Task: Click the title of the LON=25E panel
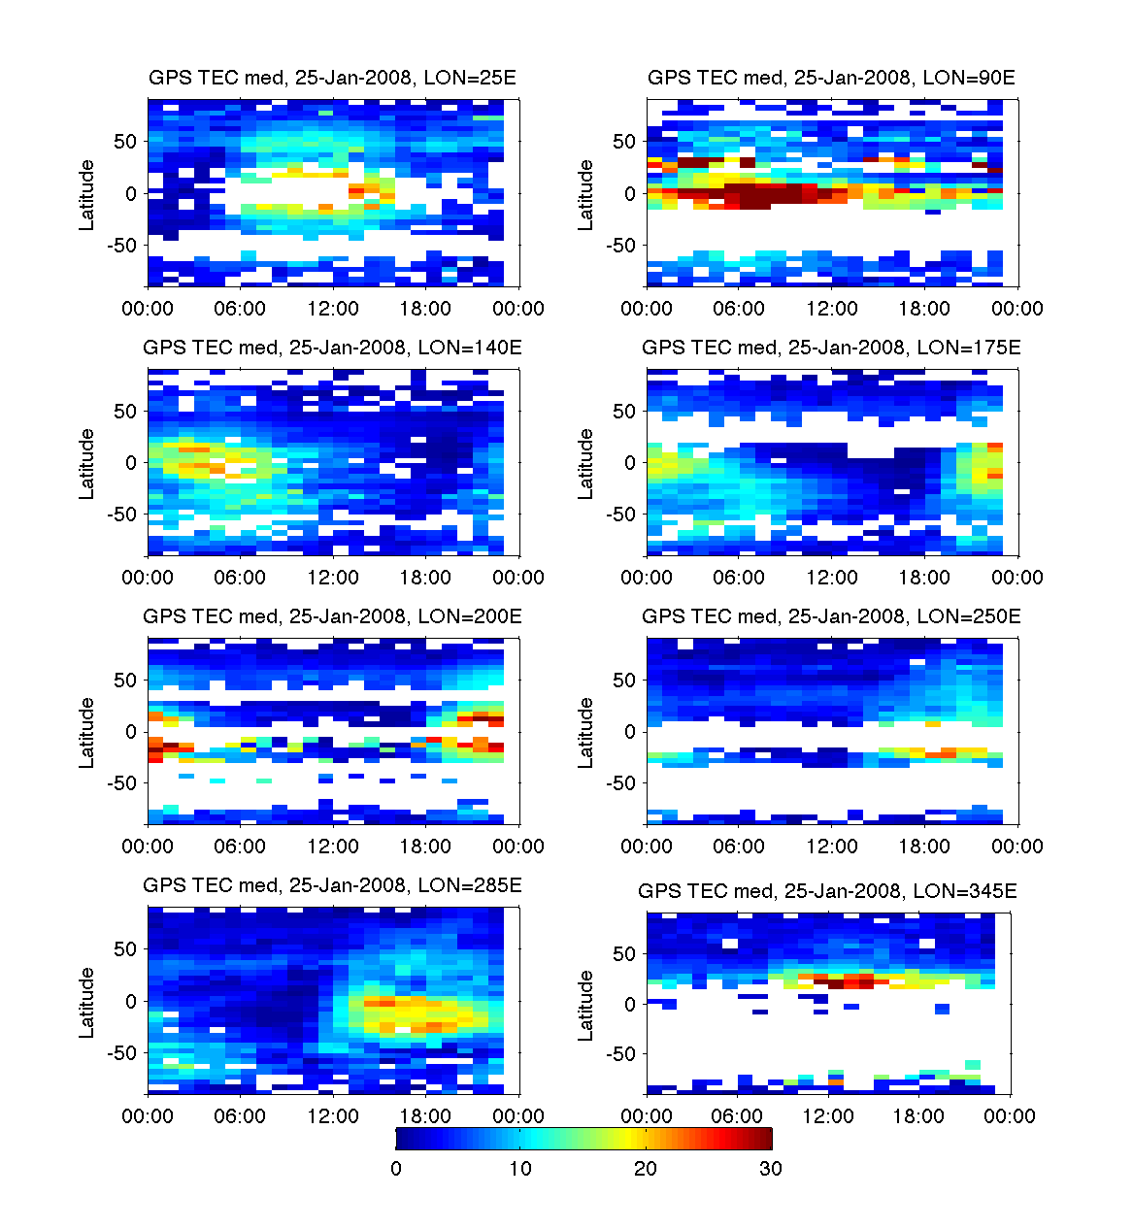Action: [332, 79]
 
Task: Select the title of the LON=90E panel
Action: [831, 79]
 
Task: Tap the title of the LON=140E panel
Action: [332, 348]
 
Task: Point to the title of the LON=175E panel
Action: [831, 348]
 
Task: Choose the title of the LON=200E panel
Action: [332, 616]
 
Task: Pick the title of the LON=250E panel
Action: [831, 616]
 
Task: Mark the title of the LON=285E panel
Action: [332, 885]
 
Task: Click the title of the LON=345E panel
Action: [827, 891]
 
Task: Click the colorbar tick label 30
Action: [770, 1169]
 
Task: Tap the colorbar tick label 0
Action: [396, 1169]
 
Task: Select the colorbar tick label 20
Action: [646, 1169]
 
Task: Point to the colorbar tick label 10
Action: [520, 1169]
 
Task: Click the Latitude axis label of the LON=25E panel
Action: [87, 194]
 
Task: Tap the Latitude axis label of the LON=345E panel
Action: [585, 1006]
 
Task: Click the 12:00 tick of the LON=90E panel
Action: [832, 309]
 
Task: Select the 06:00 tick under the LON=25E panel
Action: [240, 309]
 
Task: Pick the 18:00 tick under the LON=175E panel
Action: [924, 578]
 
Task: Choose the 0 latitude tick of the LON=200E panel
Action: [131, 732]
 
